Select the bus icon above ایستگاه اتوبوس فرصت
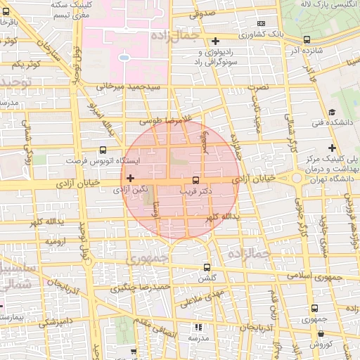click(103, 150)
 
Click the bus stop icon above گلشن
click(207, 267)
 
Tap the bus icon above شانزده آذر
click(306, 40)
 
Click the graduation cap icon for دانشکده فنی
click(331, 111)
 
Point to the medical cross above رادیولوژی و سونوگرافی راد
click(216, 41)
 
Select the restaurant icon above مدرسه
click(198, 328)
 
